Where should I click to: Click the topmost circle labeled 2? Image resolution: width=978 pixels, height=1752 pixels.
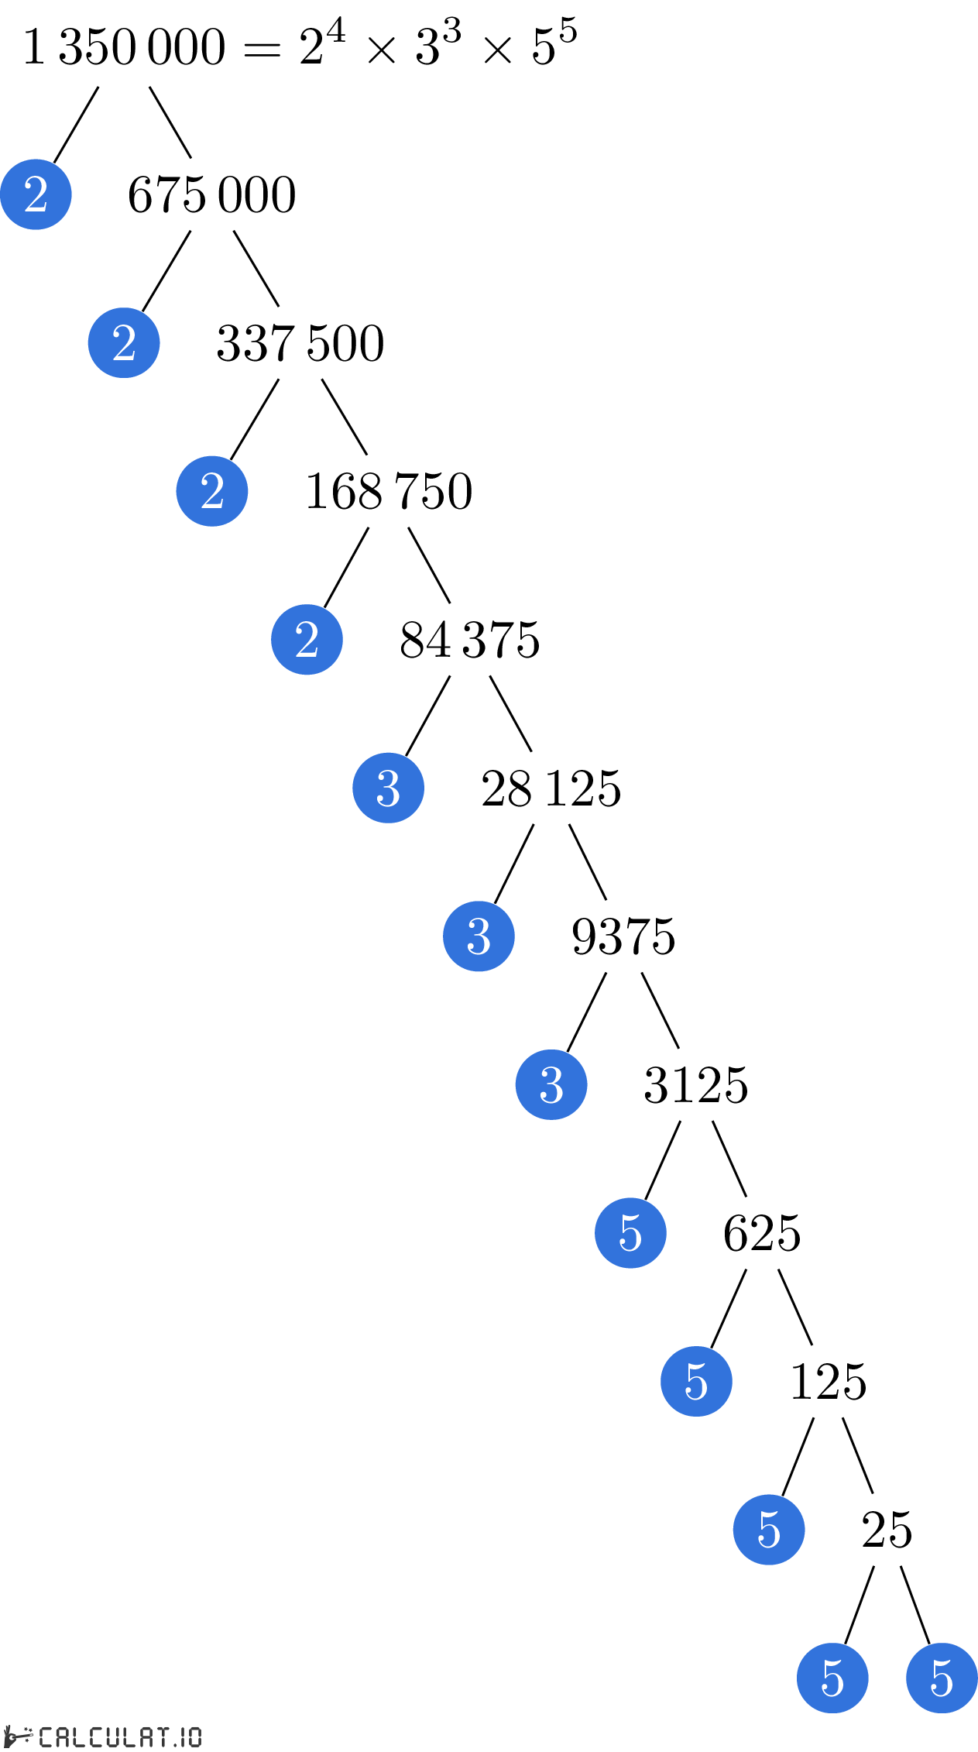36,194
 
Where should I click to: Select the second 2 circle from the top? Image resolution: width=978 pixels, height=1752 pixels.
124,342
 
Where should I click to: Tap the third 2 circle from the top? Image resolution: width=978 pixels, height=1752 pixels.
212,491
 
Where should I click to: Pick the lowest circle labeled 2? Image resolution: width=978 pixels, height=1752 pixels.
307,640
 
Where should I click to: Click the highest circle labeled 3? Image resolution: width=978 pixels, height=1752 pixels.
388,788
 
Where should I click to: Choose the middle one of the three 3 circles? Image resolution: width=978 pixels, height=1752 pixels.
479,936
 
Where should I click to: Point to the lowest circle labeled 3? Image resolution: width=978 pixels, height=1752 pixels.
551,1084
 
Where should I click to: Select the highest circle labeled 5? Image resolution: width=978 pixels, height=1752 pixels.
630,1233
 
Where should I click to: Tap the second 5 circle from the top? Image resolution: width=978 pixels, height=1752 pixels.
696,1381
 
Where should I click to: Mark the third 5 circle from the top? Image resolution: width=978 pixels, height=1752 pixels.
769,1530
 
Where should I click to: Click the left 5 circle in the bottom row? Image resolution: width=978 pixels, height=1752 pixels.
832,1678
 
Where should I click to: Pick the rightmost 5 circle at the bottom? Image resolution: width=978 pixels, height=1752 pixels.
942,1678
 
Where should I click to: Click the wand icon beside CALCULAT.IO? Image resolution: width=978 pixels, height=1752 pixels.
17,1736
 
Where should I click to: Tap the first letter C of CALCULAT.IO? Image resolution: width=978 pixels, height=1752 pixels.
46,1737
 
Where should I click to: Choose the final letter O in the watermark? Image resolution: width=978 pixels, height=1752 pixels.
194,1737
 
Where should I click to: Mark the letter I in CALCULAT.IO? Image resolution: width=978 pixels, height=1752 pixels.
182,1737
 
